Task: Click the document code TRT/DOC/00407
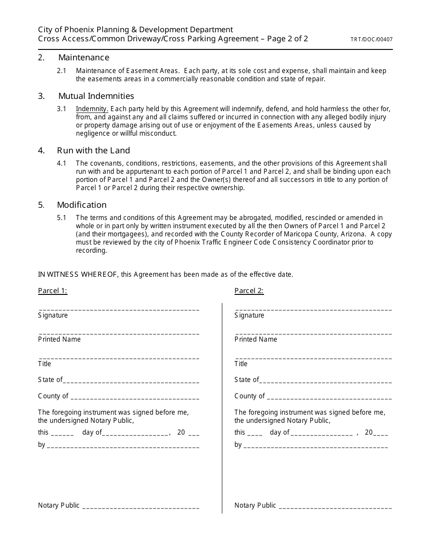[x=372, y=39]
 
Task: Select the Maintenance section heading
[x=83, y=58]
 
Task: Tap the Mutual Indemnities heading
[x=96, y=96]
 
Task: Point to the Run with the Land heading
[x=93, y=151]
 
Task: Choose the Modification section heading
[x=82, y=205]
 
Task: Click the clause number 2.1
[x=62, y=71]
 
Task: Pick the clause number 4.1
[x=62, y=163]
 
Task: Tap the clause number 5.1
[x=62, y=218]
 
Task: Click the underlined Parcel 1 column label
[x=53, y=291]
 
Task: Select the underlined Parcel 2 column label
[x=249, y=291]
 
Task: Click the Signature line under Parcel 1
[x=119, y=309]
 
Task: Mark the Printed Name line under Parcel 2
[x=313, y=333]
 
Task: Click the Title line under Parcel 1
[x=119, y=357]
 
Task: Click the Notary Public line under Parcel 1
[x=141, y=507]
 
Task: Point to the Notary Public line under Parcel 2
[x=336, y=507]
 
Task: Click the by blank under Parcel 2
[x=316, y=446]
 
